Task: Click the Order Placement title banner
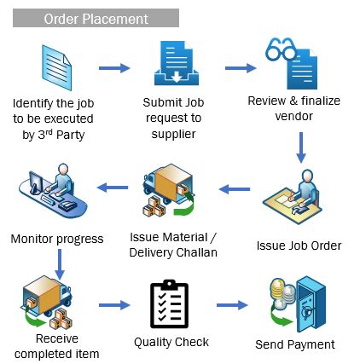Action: click(x=95, y=18)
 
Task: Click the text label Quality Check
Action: click(x=171, y=342)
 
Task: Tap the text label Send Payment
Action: click(x=295, y=345)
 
